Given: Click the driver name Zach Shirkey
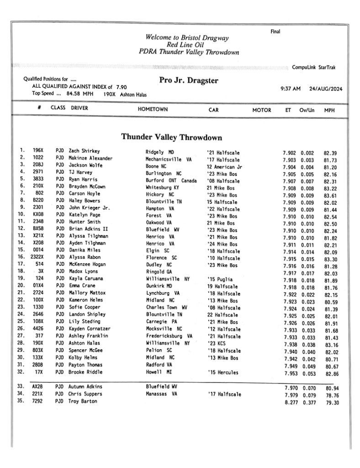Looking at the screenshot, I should [84, 151].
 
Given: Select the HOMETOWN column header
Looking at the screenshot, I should [153, 110].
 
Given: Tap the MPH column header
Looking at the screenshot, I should [329, 110].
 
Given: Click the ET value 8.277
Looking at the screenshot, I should [291, 401].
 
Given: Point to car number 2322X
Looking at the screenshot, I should [37, 258].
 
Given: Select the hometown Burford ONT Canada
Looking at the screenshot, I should [171, 180].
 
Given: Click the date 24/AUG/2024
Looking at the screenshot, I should [326, 89].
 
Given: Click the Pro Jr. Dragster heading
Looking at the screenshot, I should [189, 81].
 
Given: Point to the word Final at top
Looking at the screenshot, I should [275, 32].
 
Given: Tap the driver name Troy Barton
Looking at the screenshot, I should [83, 401].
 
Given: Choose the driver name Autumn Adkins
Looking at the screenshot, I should [85, 387].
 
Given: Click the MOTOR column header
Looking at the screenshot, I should [262, 110].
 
